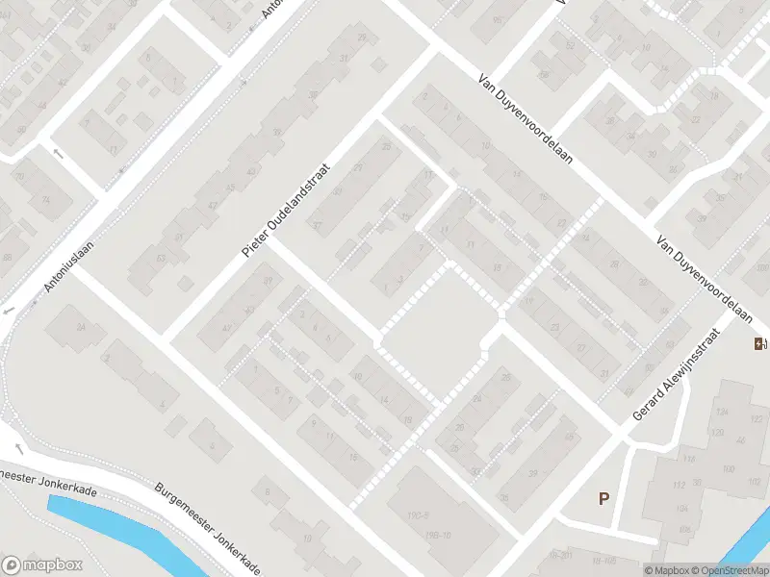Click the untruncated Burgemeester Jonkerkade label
coord(207,529)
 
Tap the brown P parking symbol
coord(604,498)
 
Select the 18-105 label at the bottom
coord(604,560)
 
